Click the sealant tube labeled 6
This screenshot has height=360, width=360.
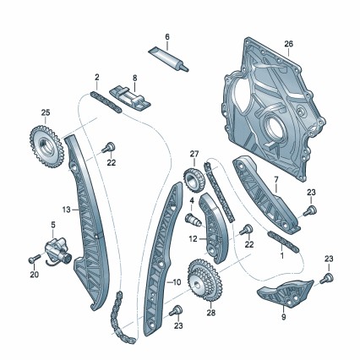[168, 58]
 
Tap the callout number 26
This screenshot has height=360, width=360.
[288, 44]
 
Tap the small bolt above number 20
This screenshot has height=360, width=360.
[33, 259]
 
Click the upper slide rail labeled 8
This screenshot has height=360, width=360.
[130, 100]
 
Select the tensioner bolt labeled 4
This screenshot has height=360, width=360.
[194, 220]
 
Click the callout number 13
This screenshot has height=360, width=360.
[67, 210]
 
